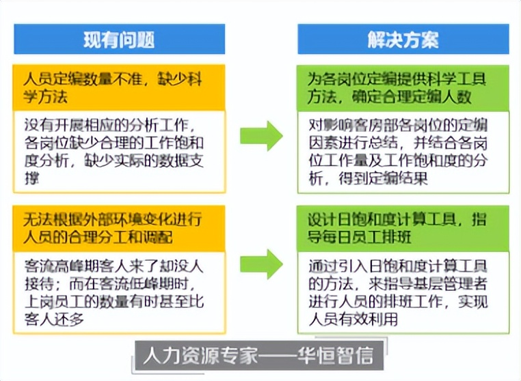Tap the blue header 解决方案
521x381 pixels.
pos(403,39)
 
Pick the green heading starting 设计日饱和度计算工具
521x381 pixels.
pos(403,228)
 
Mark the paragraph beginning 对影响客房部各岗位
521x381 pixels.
pos(403,151)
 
